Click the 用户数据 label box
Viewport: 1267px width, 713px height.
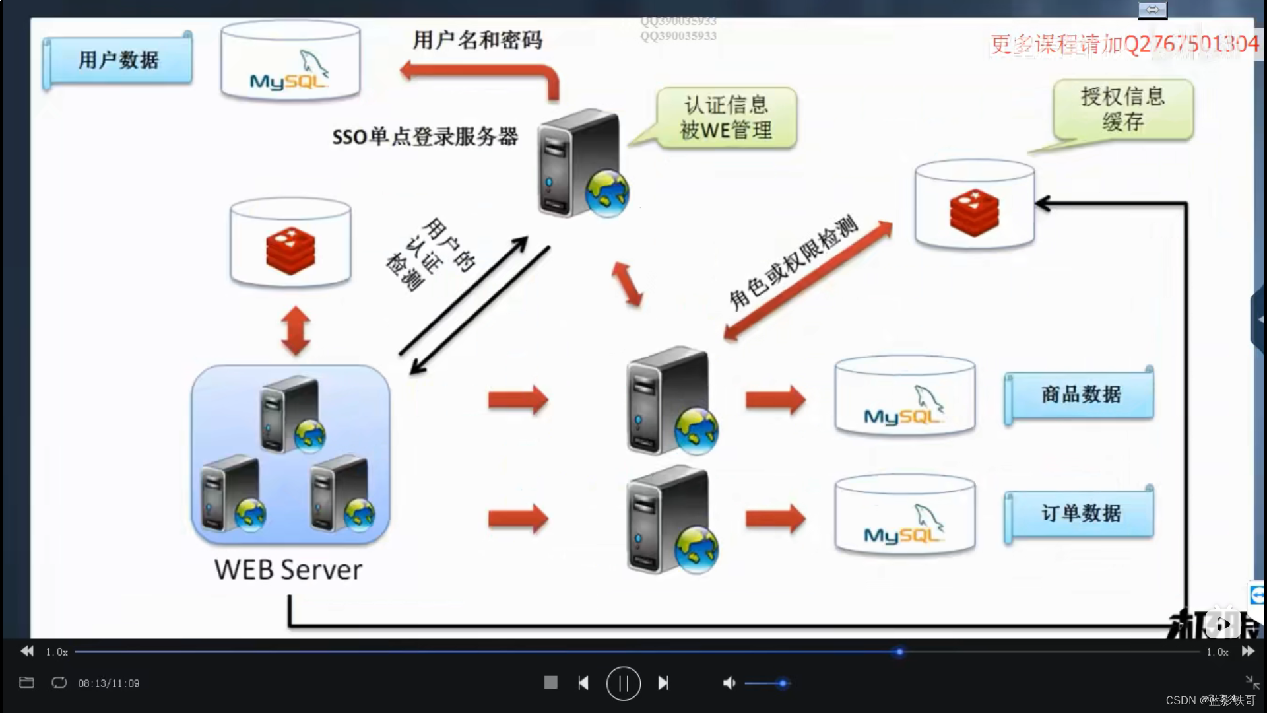[118, 60]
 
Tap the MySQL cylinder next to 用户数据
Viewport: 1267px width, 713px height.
[290, 61]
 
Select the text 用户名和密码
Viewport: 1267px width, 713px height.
[478, 40]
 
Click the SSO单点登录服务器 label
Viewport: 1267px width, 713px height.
[425, 137]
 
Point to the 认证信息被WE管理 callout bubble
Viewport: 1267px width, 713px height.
[726, 118]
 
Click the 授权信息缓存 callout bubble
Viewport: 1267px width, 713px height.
[1122, 109]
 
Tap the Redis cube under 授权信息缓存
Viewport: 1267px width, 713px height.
[974, 212]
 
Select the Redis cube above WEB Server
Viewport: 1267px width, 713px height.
[290, 251]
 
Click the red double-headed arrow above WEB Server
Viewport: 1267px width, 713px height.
[296, 330]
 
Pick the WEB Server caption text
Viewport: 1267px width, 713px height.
[288, 570]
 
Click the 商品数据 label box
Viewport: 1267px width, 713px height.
[1080, 395]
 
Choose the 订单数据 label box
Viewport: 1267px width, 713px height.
[1080, 513]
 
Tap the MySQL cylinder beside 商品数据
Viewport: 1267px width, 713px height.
[905, 396]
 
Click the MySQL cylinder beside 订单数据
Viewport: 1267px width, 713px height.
[905, 515]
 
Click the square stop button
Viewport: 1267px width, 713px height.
[550, 683]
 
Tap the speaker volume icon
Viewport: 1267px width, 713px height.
[729, 683]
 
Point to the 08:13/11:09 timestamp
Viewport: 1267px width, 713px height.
[109, 683]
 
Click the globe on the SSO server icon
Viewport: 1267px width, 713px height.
[607, 193]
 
